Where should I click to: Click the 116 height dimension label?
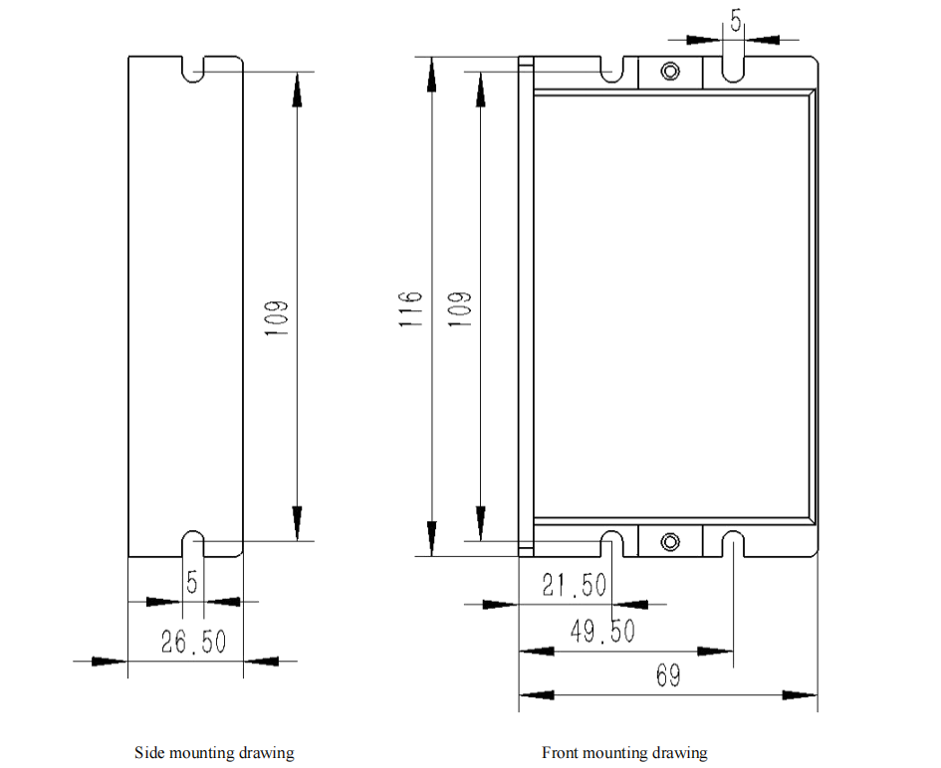pyautogui.click(x=411, y=309)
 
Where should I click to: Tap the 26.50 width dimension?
pyautogui.click(x=193, y=642)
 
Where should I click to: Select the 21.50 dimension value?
pyautogui.click(x=574, y=585)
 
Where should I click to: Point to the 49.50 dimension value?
pyautogui.click(x=601, y=632)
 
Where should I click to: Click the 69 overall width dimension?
pyautogui.click(x=668, y=675)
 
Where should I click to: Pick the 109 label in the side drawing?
pyautogui.click(x=277, y=318)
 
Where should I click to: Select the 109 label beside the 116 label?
pyautogui.click(x=460, y=309)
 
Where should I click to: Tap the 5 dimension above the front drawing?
pyautogui.click(x=736, y=20)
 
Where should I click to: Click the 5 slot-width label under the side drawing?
pyautogui.click(x=192, y=582)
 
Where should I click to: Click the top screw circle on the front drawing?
pyautogui.click(x=670, y=72)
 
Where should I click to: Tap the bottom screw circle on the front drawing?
pyautogui.click(x=670, y=542)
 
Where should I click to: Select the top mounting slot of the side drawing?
pyautogui.click(x=192, y=69)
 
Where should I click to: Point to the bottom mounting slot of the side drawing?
pyautogui.click(x=192, y=543)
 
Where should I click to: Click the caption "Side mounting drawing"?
pyautogui.click(x=214, y=752)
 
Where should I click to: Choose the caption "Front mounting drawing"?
pyautogui.click(x=624, y=752)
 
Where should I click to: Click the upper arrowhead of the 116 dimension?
pyautogui.click(x=431, y=75)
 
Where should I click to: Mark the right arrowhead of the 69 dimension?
pyautogui.click(x=800, y=694)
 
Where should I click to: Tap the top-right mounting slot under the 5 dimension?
pyautogui.click(x=732, y=69)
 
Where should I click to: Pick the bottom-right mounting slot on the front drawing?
pyautogui.click(x=732, y=543)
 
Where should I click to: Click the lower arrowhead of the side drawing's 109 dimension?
pyautogui.click(x=297, y=523)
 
